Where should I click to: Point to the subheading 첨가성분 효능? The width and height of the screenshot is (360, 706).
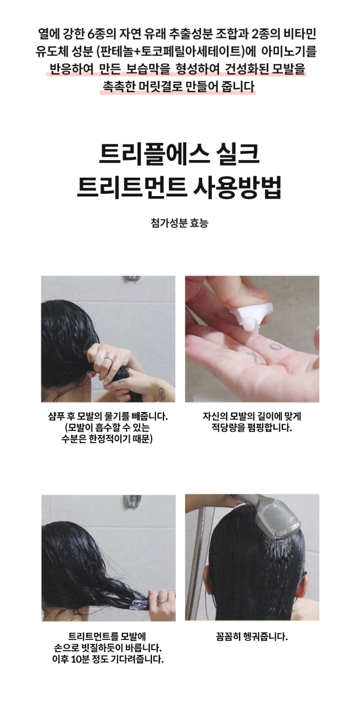tap(180, 223)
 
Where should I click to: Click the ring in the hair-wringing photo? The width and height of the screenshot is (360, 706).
tap(108, 359)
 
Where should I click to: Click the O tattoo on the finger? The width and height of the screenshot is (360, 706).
tap(276, 347)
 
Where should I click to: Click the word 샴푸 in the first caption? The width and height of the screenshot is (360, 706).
tap(56, 417)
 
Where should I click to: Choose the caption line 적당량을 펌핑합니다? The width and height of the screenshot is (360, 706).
tap(252, 428)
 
